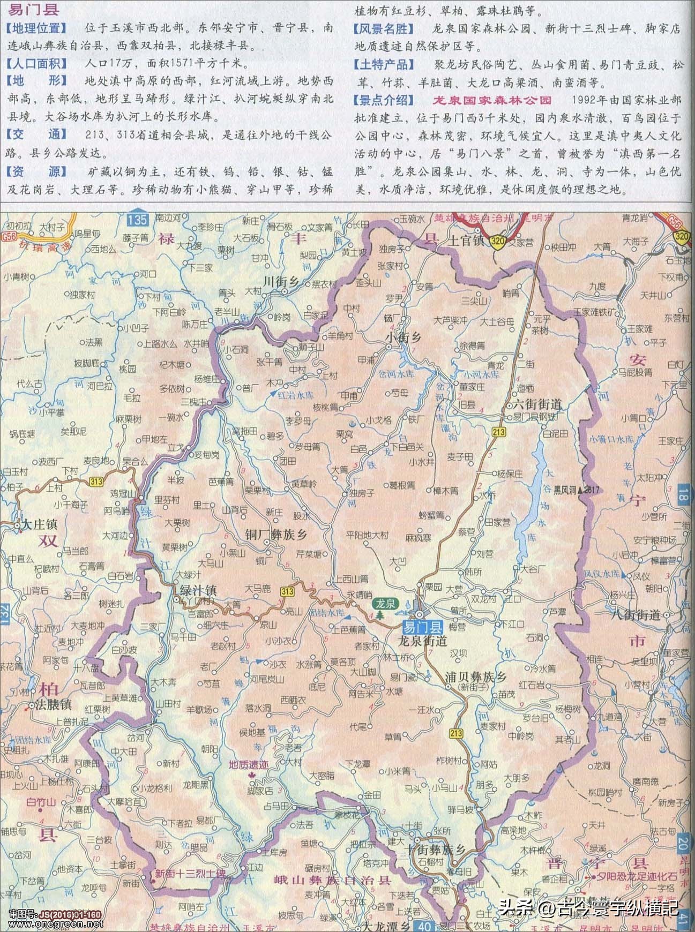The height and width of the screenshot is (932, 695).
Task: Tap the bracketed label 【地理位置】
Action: click(x=36, y=28)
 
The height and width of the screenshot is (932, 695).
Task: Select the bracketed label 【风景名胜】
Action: click(x=384, y=28)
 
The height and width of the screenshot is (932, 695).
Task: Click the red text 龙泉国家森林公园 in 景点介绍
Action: click(x=492, y=100)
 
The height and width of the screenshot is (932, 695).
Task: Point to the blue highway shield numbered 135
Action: click(x=138, y=219)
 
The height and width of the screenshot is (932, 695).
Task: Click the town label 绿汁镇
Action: click(x=198, y=590)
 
